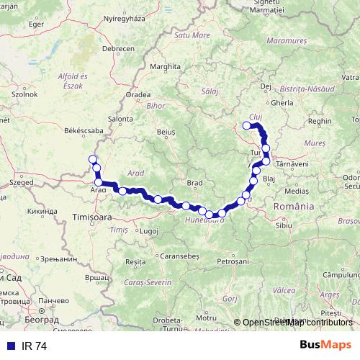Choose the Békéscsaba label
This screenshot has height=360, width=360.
click(63, 131)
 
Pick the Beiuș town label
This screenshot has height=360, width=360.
click(166, 132)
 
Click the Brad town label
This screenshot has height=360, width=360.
click(194, 183)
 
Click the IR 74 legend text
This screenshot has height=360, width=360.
click(34, 346)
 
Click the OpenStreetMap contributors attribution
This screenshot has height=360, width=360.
click(297, 323)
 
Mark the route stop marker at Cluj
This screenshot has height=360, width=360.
click(247, 126)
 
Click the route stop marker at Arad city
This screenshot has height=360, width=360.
click(98, 182)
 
